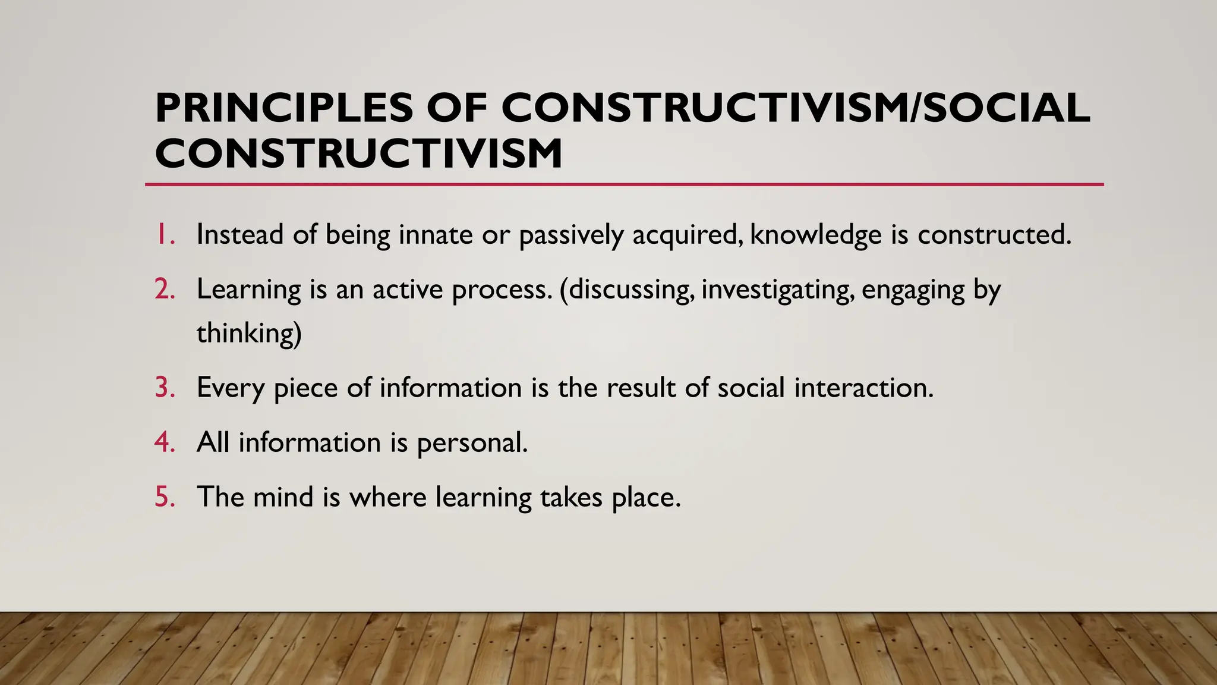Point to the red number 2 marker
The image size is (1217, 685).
click(x=165, y=290)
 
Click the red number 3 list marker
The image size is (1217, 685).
click(x=165, y=388)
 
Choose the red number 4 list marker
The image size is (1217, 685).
click(x=165, y=442)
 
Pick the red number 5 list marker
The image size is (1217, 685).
click(x=165, y=497)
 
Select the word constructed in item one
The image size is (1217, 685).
click(x=994, y=234)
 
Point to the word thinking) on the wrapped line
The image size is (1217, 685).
click(x=249, y=333)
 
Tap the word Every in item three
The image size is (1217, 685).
click(x=231, y=388)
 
